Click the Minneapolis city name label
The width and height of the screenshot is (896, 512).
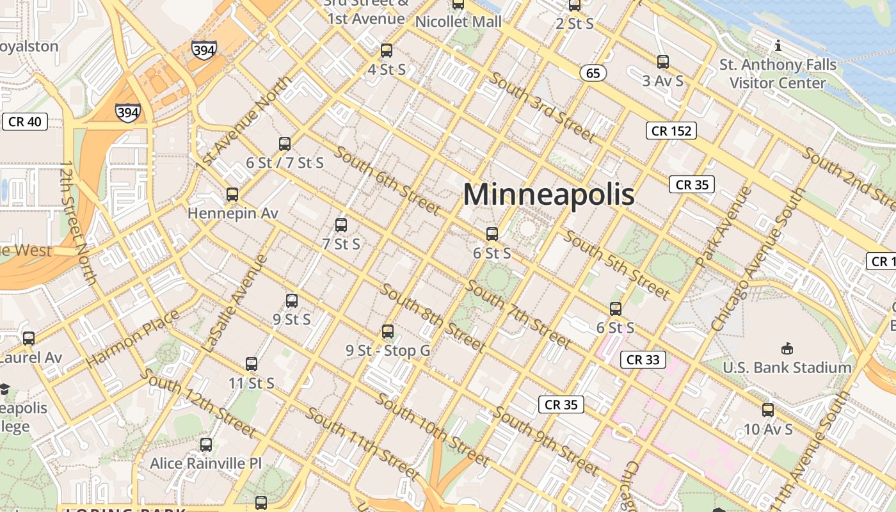pos(548,195)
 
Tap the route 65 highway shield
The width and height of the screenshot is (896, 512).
pos(593,73)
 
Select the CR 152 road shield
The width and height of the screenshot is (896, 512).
pos(671,131)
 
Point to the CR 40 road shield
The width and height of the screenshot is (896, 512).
pos(25,122)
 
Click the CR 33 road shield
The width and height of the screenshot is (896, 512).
pos(643,360)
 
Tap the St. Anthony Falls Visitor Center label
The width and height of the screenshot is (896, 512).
pos(778,74)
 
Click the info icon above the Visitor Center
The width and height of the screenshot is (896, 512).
pos(778,45)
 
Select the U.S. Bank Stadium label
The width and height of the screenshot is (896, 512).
pos(787,368)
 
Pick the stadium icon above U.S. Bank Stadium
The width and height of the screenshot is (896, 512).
pos(787,349)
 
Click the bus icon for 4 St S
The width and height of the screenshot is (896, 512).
pos(387,51)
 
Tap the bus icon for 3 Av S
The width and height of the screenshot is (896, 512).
pos(663,62)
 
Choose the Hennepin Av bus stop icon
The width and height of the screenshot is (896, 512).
pos(232,195)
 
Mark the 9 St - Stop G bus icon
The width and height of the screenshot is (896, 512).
pos(388,332)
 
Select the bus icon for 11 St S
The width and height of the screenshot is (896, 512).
pos(252,364)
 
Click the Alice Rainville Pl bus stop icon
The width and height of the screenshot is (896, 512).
pos(206,444)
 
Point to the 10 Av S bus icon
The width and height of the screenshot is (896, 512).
pos(768,410)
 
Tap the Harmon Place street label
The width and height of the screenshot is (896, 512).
pos(132,339)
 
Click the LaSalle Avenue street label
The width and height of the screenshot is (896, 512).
pos(235,303)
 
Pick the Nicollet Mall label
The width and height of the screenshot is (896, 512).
pos(458,22)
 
